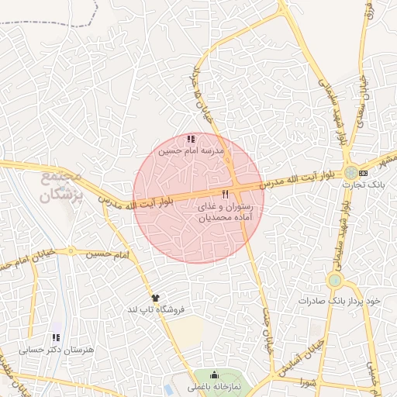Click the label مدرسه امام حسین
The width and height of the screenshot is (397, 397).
tap(190, 152)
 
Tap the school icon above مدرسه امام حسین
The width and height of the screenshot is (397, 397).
tap(191, 140)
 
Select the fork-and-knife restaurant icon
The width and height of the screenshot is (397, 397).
tap(225, 193)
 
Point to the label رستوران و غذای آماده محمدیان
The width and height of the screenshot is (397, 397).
tap(225, 214)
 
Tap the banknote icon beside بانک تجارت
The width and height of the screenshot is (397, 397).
tap(363, 171)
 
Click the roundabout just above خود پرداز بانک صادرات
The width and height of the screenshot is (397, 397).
tap(335, 280)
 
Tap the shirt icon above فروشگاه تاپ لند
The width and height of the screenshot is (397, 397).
tap(156, 297)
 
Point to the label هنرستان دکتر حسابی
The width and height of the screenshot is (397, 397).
tap(57, 350)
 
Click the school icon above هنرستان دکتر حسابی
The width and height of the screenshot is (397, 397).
tap(56, 338)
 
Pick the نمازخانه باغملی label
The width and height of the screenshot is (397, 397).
tap(215, 386)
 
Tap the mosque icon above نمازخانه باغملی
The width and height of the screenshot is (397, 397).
tap(215, 375)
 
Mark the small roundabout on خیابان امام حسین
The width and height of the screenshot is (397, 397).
tap(71, 251)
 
